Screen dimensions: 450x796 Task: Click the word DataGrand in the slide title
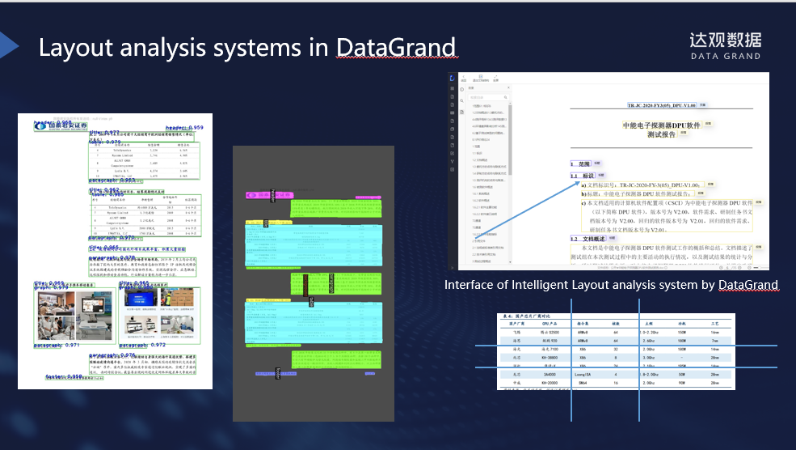(x=397, y=48)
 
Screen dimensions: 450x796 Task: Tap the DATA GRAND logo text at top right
(x=725, y=56)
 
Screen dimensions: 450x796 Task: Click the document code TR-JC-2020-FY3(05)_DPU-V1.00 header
(x=662, y=106)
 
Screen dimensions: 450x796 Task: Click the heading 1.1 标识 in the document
(x=583, y=176)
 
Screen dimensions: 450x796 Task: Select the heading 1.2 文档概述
(x=588, y=240)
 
